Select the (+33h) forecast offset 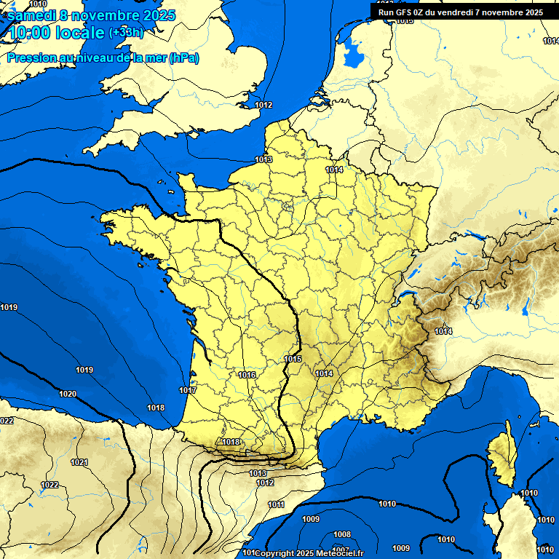pyautogui.click(x=126, y=33)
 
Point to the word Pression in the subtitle pyautogui.click(x=31, y=58)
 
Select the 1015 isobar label pyautogui.click(x=293, y=360)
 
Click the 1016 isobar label pyautogui.click(x=247, y=375)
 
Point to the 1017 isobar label pyautogui.click(x=188, y=391)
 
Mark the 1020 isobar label pyautogui.click(x=68, y=394)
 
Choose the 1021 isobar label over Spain pyautogui.click(x=79, y=463)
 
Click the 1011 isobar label pyautogui.click(x=276, y=504)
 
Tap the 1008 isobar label pyautogui.click(x=342, y=534)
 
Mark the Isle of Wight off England pyautogui.click(x=192, y=133)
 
